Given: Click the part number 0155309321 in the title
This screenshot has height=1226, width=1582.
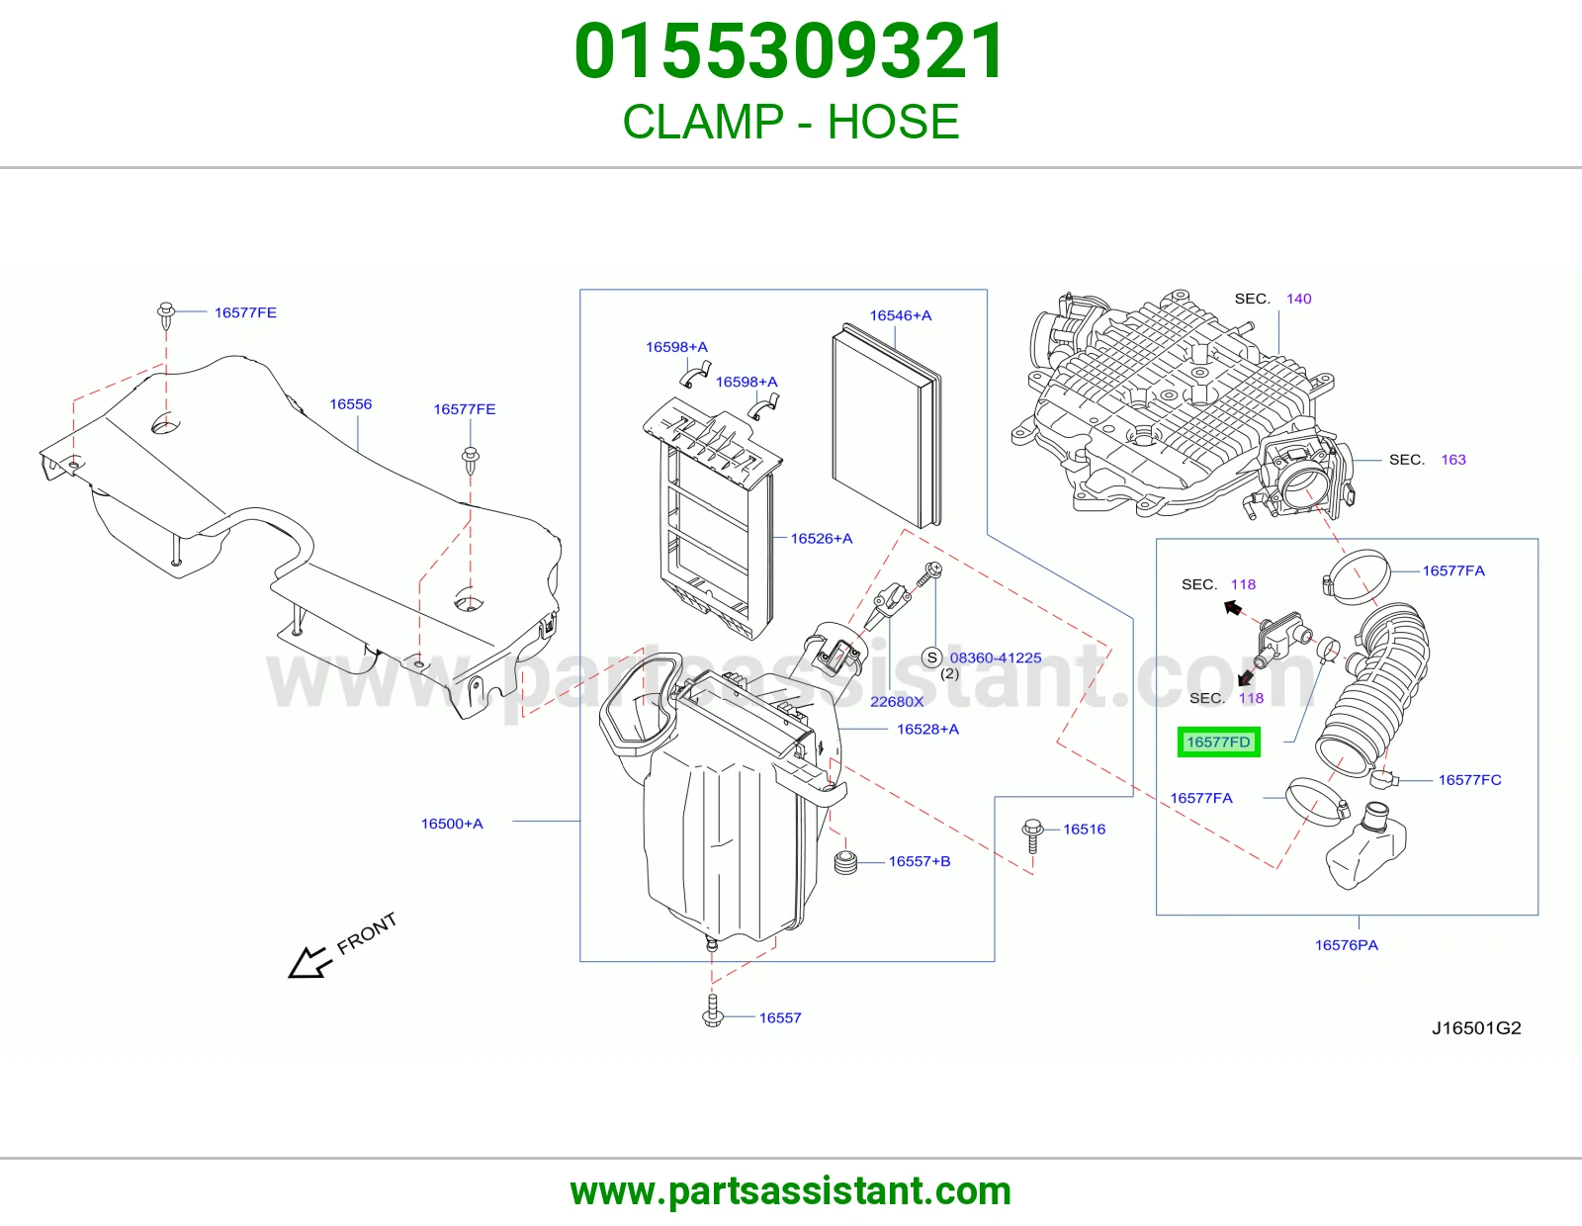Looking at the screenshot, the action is (x=790, y=51).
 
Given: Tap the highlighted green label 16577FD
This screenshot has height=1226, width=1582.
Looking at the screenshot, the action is (x=1218, y=742).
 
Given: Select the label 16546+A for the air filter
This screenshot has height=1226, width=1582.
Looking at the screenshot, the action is (x=901, y=315).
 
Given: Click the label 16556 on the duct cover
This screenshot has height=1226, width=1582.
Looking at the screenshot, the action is (x=350, y=404).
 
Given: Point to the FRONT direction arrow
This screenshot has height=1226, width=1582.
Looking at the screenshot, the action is (x=310, y=962).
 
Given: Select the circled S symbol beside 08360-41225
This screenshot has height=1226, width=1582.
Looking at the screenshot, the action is (x=931, y=657).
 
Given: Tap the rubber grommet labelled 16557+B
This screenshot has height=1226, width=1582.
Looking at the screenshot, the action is (x=845, y=861).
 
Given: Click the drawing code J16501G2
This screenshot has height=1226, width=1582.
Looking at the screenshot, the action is (x=1475, y=1028).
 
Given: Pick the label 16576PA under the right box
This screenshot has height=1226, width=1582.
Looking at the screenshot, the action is (x=1346, y=945).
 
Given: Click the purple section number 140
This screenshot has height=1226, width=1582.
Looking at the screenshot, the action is (x=1299, y=299).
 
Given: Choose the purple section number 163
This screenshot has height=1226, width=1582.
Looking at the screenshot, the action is (x=1453, y=460).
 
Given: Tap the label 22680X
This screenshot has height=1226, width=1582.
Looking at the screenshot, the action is (x=897, y=702).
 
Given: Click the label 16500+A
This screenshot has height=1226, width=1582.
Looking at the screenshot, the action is (x=452, y=824).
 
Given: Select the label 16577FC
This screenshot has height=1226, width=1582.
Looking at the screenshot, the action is (x=1470, y=780).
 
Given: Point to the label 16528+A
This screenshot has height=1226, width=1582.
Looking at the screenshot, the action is (x=927, y=729).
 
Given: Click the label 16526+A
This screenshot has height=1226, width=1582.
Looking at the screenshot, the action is (x=822, y=538).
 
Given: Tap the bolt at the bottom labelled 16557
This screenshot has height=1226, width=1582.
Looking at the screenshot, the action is (x=713, y=1010).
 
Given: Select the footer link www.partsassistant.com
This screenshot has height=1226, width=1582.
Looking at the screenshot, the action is (x=791, y=1191).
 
